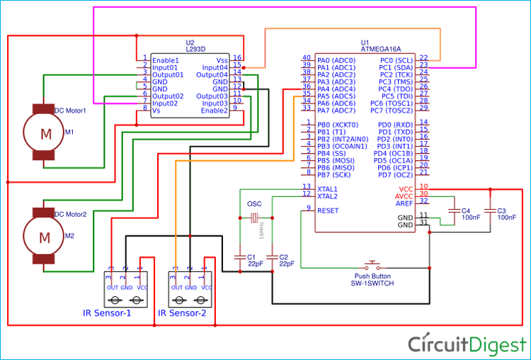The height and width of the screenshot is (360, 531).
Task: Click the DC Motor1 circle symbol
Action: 45,133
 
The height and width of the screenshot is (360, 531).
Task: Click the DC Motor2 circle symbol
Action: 44,236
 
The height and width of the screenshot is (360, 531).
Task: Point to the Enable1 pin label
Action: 165,59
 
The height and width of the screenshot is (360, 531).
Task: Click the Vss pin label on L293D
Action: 222,60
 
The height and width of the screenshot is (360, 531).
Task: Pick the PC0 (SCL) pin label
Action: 396,60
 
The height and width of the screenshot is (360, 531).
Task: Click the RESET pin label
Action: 328,210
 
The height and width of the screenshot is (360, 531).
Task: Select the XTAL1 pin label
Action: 326,189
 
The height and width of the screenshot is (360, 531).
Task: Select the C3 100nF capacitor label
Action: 501,214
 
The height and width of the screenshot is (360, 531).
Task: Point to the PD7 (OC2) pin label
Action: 395,174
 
